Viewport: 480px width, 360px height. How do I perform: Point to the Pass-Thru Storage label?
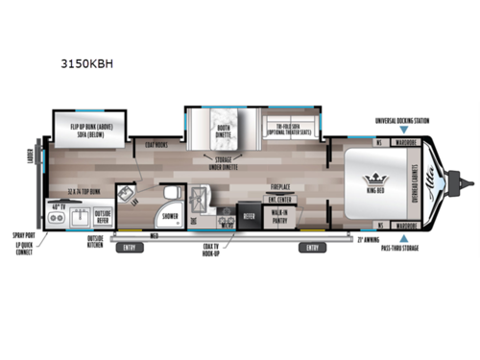tap(396, 248)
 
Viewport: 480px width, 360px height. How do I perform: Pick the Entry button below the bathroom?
tap(128, 248)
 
